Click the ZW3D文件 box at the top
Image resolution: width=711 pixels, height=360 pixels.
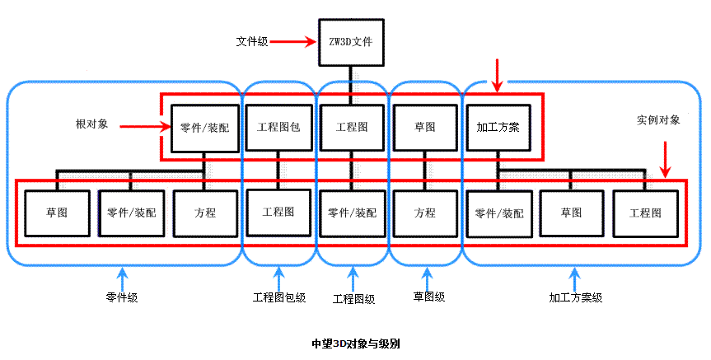point(351,41)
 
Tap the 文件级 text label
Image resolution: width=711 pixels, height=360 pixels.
point(251,40)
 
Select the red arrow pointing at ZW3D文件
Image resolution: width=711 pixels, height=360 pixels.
point(293,40)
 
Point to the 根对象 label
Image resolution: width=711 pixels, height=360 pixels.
point(90,124)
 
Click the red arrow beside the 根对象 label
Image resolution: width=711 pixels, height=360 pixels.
point(144,126)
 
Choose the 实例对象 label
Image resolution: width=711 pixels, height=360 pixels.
point(658,119)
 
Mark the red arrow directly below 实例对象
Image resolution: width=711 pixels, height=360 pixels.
point(665,158)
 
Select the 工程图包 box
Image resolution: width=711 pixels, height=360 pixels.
point(278,128)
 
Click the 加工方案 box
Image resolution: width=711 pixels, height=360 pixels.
point(498,128)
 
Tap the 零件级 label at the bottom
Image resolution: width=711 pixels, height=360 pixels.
point(121,297)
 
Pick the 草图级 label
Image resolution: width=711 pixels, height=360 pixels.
point(429,297)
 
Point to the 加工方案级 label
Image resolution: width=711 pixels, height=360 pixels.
point(576,297)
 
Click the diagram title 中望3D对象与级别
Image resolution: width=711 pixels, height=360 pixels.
point(356,342)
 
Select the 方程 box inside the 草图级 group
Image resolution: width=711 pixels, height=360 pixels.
point(424,213)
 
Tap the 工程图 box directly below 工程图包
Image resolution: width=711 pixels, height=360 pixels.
point(278,213)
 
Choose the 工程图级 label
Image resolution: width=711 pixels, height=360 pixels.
point(353,298)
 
